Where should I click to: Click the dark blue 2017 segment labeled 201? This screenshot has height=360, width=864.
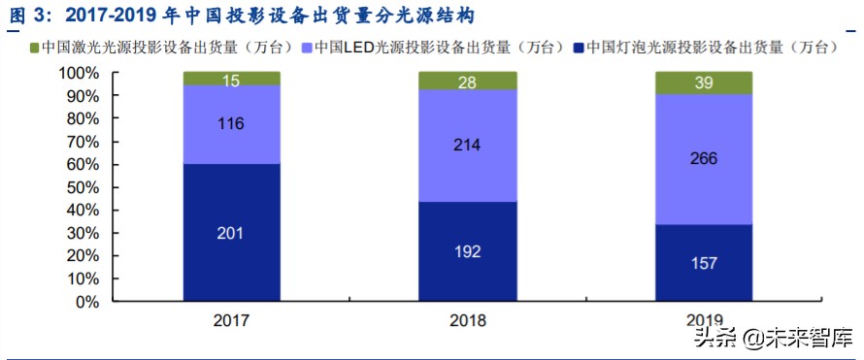[231, 233]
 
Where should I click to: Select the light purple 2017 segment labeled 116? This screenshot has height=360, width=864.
[231, 124]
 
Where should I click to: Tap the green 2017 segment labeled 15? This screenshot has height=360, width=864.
[231, 79]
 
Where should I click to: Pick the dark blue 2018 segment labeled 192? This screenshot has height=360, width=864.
[467, 251]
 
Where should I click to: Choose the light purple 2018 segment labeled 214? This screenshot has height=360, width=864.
[467, 146]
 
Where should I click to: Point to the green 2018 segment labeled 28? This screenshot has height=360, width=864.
[467, 81]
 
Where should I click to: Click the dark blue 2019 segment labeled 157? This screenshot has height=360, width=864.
[704, 263]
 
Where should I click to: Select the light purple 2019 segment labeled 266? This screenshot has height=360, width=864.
[704, 158]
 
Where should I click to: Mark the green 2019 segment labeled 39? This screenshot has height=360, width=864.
[704, 83]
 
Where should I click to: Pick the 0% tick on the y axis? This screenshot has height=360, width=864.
[86, 302]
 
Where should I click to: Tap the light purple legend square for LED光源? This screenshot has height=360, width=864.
[308, 48]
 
